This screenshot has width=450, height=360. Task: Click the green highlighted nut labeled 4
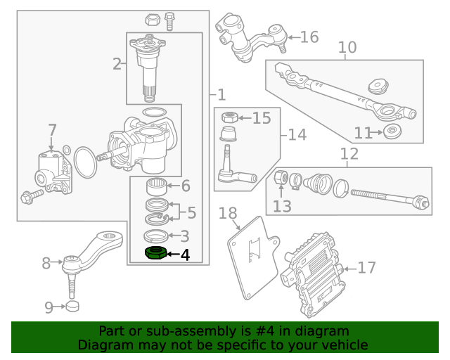pos(155,253)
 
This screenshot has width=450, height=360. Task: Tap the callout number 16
pos(309,37)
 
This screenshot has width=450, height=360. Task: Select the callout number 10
pos(347,48)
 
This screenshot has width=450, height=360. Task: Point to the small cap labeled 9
pos(72,307)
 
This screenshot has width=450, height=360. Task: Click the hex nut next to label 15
pos(228,117)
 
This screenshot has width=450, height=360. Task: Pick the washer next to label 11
pos(391,131)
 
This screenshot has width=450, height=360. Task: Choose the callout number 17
pos(366,268)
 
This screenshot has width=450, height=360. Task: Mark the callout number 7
pos(52,130)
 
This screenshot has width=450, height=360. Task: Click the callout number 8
pos(47,264)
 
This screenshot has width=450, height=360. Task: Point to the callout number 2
pos(117,65)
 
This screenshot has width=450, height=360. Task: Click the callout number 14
pos(297,134)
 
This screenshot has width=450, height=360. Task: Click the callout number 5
pos(191,212)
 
